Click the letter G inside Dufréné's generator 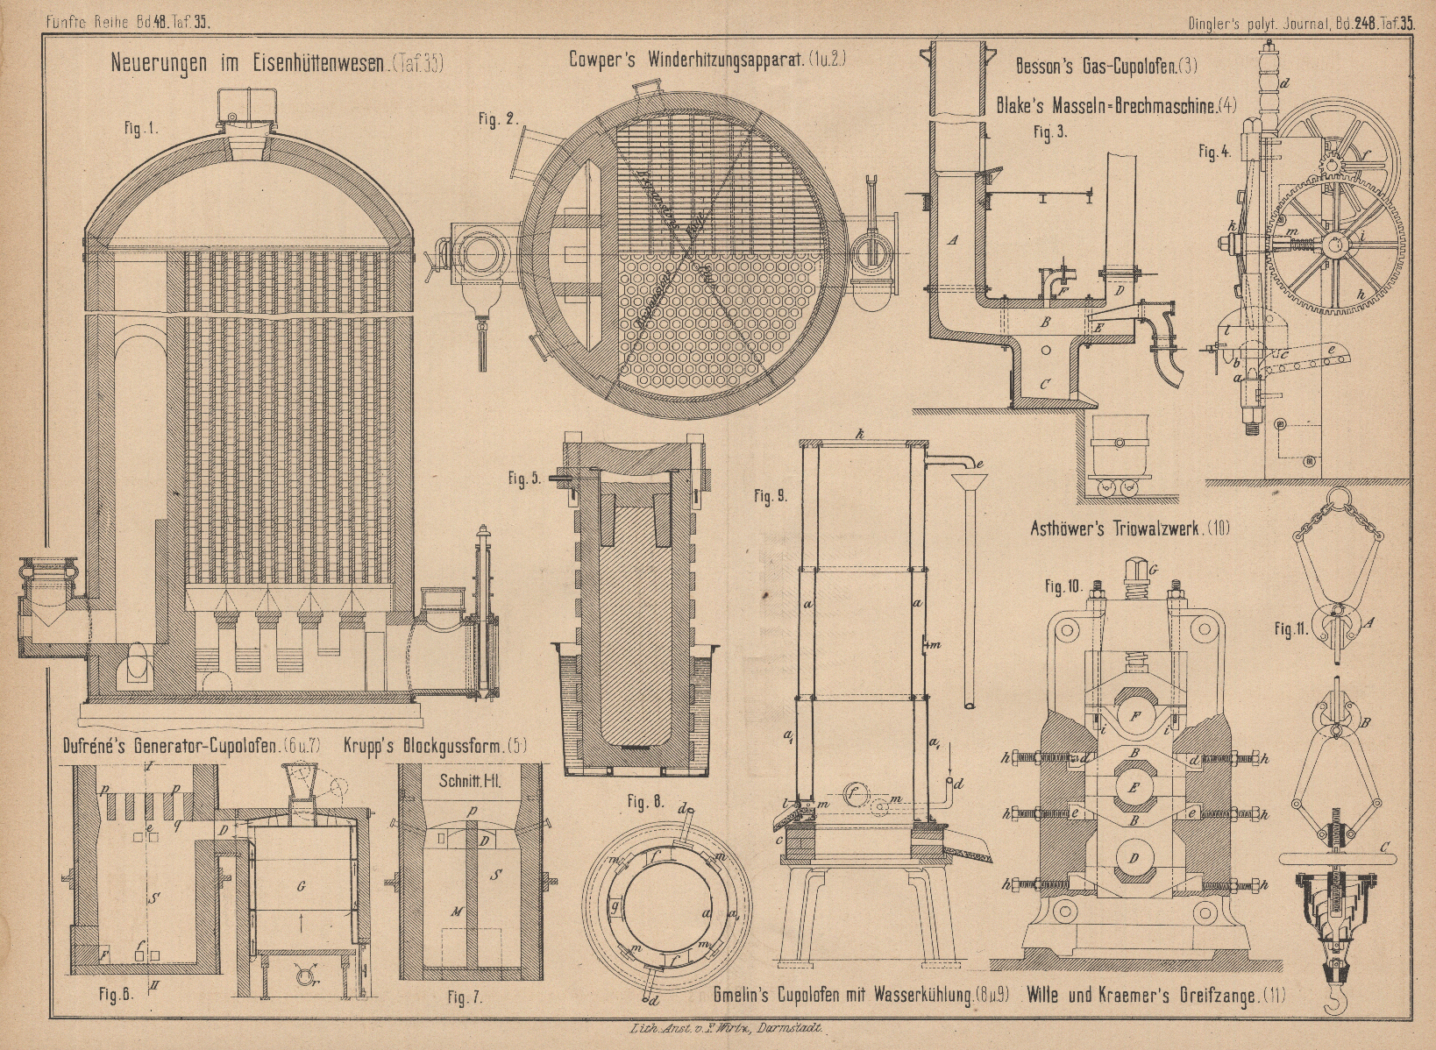[x=301, y=887]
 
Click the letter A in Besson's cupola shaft [x=954, y=239]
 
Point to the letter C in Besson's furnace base [x=1044, y=383]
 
